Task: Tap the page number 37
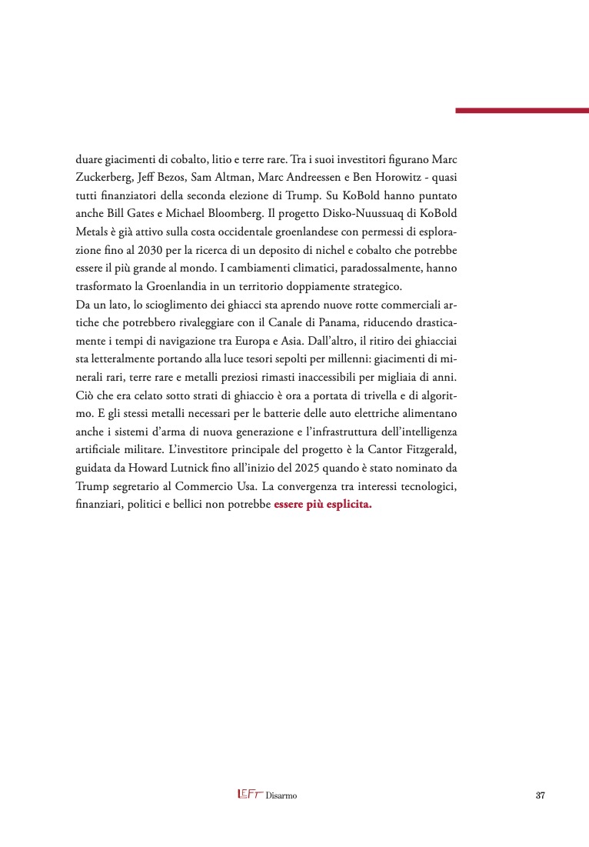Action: tap(540, 795)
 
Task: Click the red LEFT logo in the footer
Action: tap(248, 795)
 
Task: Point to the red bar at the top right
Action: tap(522, 111)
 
